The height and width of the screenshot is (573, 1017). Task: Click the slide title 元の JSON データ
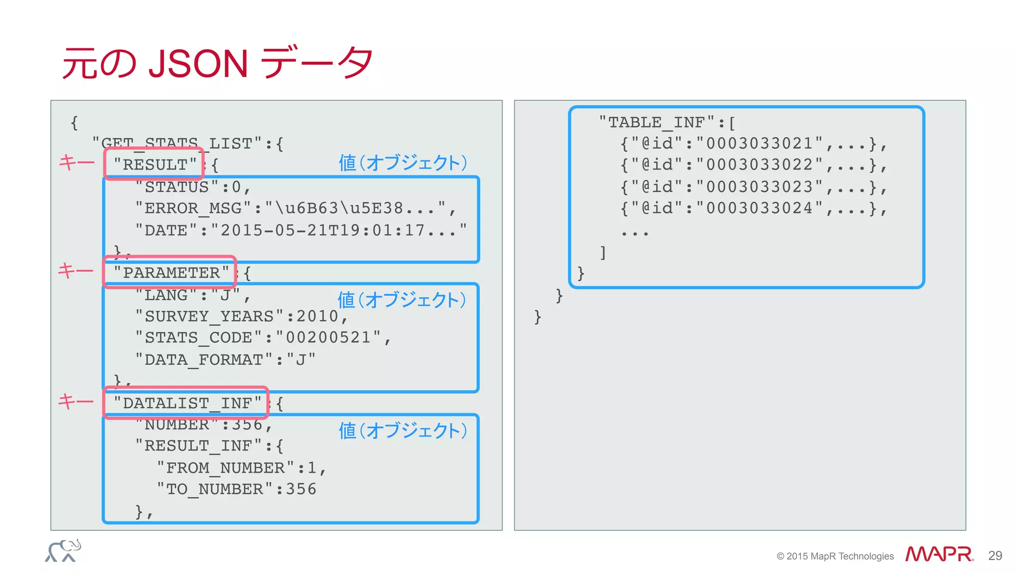tap(217, 63)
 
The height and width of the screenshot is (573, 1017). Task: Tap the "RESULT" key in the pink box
tap(154, 164)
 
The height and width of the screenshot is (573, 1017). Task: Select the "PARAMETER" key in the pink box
tap(170, 272)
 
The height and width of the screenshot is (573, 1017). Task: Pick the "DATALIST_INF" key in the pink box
tap(187, 403)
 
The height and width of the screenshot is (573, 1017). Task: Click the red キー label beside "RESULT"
tap(76, 163)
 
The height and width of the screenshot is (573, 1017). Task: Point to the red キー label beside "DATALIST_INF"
tap(75, 401)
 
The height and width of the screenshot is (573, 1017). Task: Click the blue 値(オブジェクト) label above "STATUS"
tap(403, 163)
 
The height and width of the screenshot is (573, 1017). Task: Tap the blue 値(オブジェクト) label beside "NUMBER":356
tap(403, 430)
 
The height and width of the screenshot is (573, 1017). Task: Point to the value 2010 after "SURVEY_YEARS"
tap(317, 316)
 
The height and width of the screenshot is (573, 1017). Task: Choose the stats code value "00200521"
tap(328, 337)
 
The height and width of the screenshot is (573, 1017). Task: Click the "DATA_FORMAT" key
tap(204, 359)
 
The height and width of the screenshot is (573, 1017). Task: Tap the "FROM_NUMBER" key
tap(225, 468)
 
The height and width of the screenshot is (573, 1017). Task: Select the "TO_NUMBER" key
tap(215, 489)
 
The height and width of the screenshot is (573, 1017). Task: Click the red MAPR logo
tap(939, 554)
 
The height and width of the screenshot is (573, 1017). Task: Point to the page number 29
tap(995, 556)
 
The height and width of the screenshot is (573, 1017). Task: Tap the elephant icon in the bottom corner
tap(64, 551)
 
